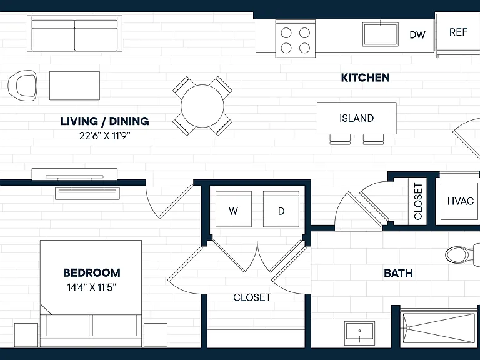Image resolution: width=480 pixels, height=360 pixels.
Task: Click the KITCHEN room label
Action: click(x=365, y=77)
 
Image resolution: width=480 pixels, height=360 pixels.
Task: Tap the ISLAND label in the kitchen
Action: click(x=357, y=118)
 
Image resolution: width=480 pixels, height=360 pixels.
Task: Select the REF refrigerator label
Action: click(x=458, y=32)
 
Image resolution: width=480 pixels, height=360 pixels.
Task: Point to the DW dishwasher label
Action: click(x=417, y=34)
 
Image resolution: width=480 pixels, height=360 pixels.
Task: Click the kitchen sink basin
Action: click(x=381, y=34)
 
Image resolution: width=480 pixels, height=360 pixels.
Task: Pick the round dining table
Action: click(x=202, y=106)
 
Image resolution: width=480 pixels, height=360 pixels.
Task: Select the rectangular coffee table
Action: click(x=75, y=86)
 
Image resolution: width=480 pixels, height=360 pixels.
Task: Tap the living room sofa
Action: click(x=75, y=33)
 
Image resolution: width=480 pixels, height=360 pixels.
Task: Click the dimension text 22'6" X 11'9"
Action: click(x=105, y=135)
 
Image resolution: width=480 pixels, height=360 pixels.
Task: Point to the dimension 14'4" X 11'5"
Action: click(x=92, y=287)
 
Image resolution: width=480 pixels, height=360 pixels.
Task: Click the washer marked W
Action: click(x=234, y=209)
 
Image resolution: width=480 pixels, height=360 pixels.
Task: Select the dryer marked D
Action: click(x=281, y=209)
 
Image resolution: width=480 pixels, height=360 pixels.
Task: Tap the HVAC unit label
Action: click(x=461, y=201)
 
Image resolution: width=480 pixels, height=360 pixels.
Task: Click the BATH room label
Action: click(x=398, y=273)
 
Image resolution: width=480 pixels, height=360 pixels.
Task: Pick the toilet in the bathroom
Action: click(x=462, y=254)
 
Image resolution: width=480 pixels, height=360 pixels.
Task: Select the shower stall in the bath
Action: click(x=440, y=327)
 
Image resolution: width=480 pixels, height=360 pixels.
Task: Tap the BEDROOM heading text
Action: click(x=92, y=272)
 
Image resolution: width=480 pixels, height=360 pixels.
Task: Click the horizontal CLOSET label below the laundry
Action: click(x=252, y=297)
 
